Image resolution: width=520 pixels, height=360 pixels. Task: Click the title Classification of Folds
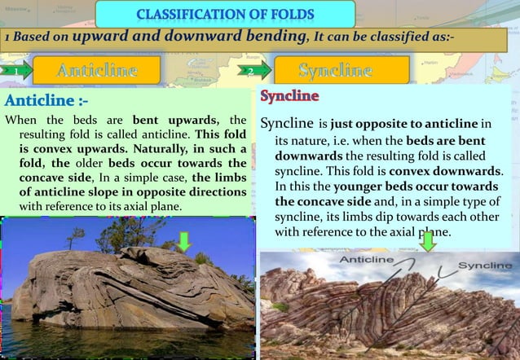[x=226, y=14]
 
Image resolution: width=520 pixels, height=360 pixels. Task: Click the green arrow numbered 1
[x=15, y=71]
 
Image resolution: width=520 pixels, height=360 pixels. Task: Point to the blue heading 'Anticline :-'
[x=46, y=101]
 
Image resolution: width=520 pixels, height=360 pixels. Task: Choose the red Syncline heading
[x=289, y=97]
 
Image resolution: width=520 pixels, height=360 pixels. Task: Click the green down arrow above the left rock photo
[x=185, y=240]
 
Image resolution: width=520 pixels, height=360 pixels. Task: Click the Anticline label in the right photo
[x=367, y=261]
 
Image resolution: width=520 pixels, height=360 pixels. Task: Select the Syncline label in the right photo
[x=485, y=266]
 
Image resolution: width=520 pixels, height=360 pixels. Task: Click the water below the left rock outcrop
[x=122, y=342]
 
